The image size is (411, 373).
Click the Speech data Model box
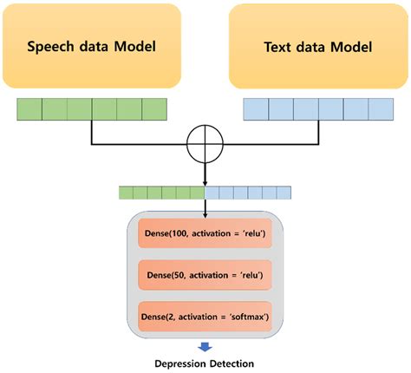click(x=91, y=44)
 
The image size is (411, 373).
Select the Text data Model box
click(x=317, y=44)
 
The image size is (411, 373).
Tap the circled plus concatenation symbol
click(x=205, y=143)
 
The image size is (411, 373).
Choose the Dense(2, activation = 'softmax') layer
click(x=205, y=316)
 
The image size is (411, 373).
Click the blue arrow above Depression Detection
click(x=205, y=346)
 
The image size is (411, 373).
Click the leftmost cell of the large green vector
click(x=29, y=108)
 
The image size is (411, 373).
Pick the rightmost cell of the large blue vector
click(x=381, y=108)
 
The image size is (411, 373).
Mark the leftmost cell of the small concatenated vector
click(x=127, y=193)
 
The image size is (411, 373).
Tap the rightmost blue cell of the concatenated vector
click(x=284, y=193)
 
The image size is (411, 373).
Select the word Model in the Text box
click(x=355, y=45)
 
